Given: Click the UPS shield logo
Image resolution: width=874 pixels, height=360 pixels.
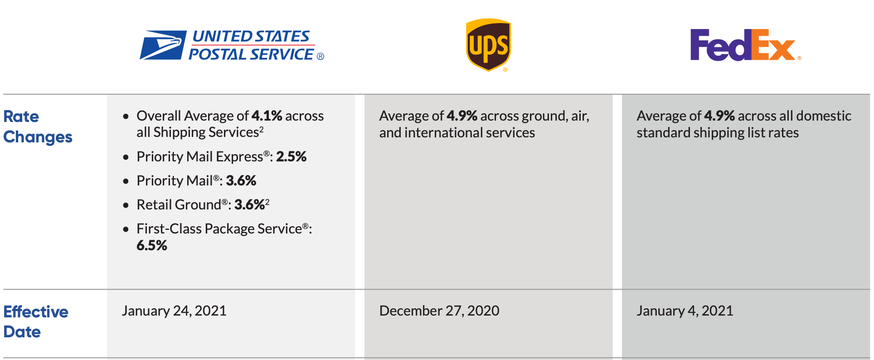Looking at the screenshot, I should coord(488,44).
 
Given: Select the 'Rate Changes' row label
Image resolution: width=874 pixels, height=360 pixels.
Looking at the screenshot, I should coord(38,126).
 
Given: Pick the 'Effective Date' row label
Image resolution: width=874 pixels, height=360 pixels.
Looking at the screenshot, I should coord(36,321).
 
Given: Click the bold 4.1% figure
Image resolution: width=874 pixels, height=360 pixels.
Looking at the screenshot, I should coord(267,116).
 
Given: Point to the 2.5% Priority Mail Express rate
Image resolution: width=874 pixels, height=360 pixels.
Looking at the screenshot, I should coord(291,157).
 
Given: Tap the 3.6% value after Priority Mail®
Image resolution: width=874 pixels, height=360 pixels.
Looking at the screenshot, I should coord(241,181).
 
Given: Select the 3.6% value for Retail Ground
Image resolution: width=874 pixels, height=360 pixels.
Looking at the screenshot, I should coord(249,205).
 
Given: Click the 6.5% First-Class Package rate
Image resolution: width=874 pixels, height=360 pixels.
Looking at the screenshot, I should coord(152,246).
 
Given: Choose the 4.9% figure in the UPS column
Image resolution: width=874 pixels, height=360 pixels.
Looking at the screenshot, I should coord(462,116).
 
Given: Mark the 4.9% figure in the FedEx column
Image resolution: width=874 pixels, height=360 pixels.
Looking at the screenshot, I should coord(719,116).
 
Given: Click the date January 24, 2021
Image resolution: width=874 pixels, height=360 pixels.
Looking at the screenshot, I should coord(174,311).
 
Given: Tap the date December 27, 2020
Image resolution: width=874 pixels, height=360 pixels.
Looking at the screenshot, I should coord(439,311).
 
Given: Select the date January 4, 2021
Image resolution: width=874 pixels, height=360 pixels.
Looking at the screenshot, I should coord(685,311).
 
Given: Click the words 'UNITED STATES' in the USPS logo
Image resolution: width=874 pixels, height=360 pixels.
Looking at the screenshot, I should coord(251,36).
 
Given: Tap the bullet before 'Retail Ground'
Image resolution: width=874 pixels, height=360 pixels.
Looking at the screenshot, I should coord(126,205).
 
